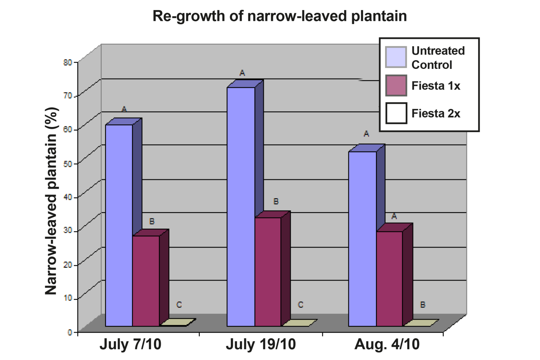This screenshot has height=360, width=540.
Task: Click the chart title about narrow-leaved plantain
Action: (x=279, y=16)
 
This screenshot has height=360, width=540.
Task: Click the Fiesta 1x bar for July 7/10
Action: (x=146, y=281)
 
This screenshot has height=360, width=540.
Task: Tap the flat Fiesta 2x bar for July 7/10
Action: (x=178, y=322)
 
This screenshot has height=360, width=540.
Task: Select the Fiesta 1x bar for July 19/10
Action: (x=268, y=272)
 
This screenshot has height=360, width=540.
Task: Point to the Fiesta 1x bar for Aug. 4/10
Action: (x=389, y=279)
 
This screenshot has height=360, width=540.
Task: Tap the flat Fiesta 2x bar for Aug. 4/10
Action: (x=421, y=323)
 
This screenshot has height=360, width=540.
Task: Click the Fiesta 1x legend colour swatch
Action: (x=396, y=86)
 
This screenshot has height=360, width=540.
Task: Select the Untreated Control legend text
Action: (x=438, y=58)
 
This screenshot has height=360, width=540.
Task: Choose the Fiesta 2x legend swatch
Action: (x=396, y=113)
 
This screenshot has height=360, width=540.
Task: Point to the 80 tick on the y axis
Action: (x=68, y=62)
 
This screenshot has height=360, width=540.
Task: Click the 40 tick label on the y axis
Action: (x=68, y=197)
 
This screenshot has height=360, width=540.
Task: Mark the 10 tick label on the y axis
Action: (x=68, y=298)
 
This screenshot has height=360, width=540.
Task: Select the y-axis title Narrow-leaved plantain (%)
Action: (x=51, y=201)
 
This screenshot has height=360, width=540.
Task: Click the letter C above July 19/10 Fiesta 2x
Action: (x=300, y=305)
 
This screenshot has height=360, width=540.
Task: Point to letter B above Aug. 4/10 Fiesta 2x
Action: (x=423, y=305)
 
